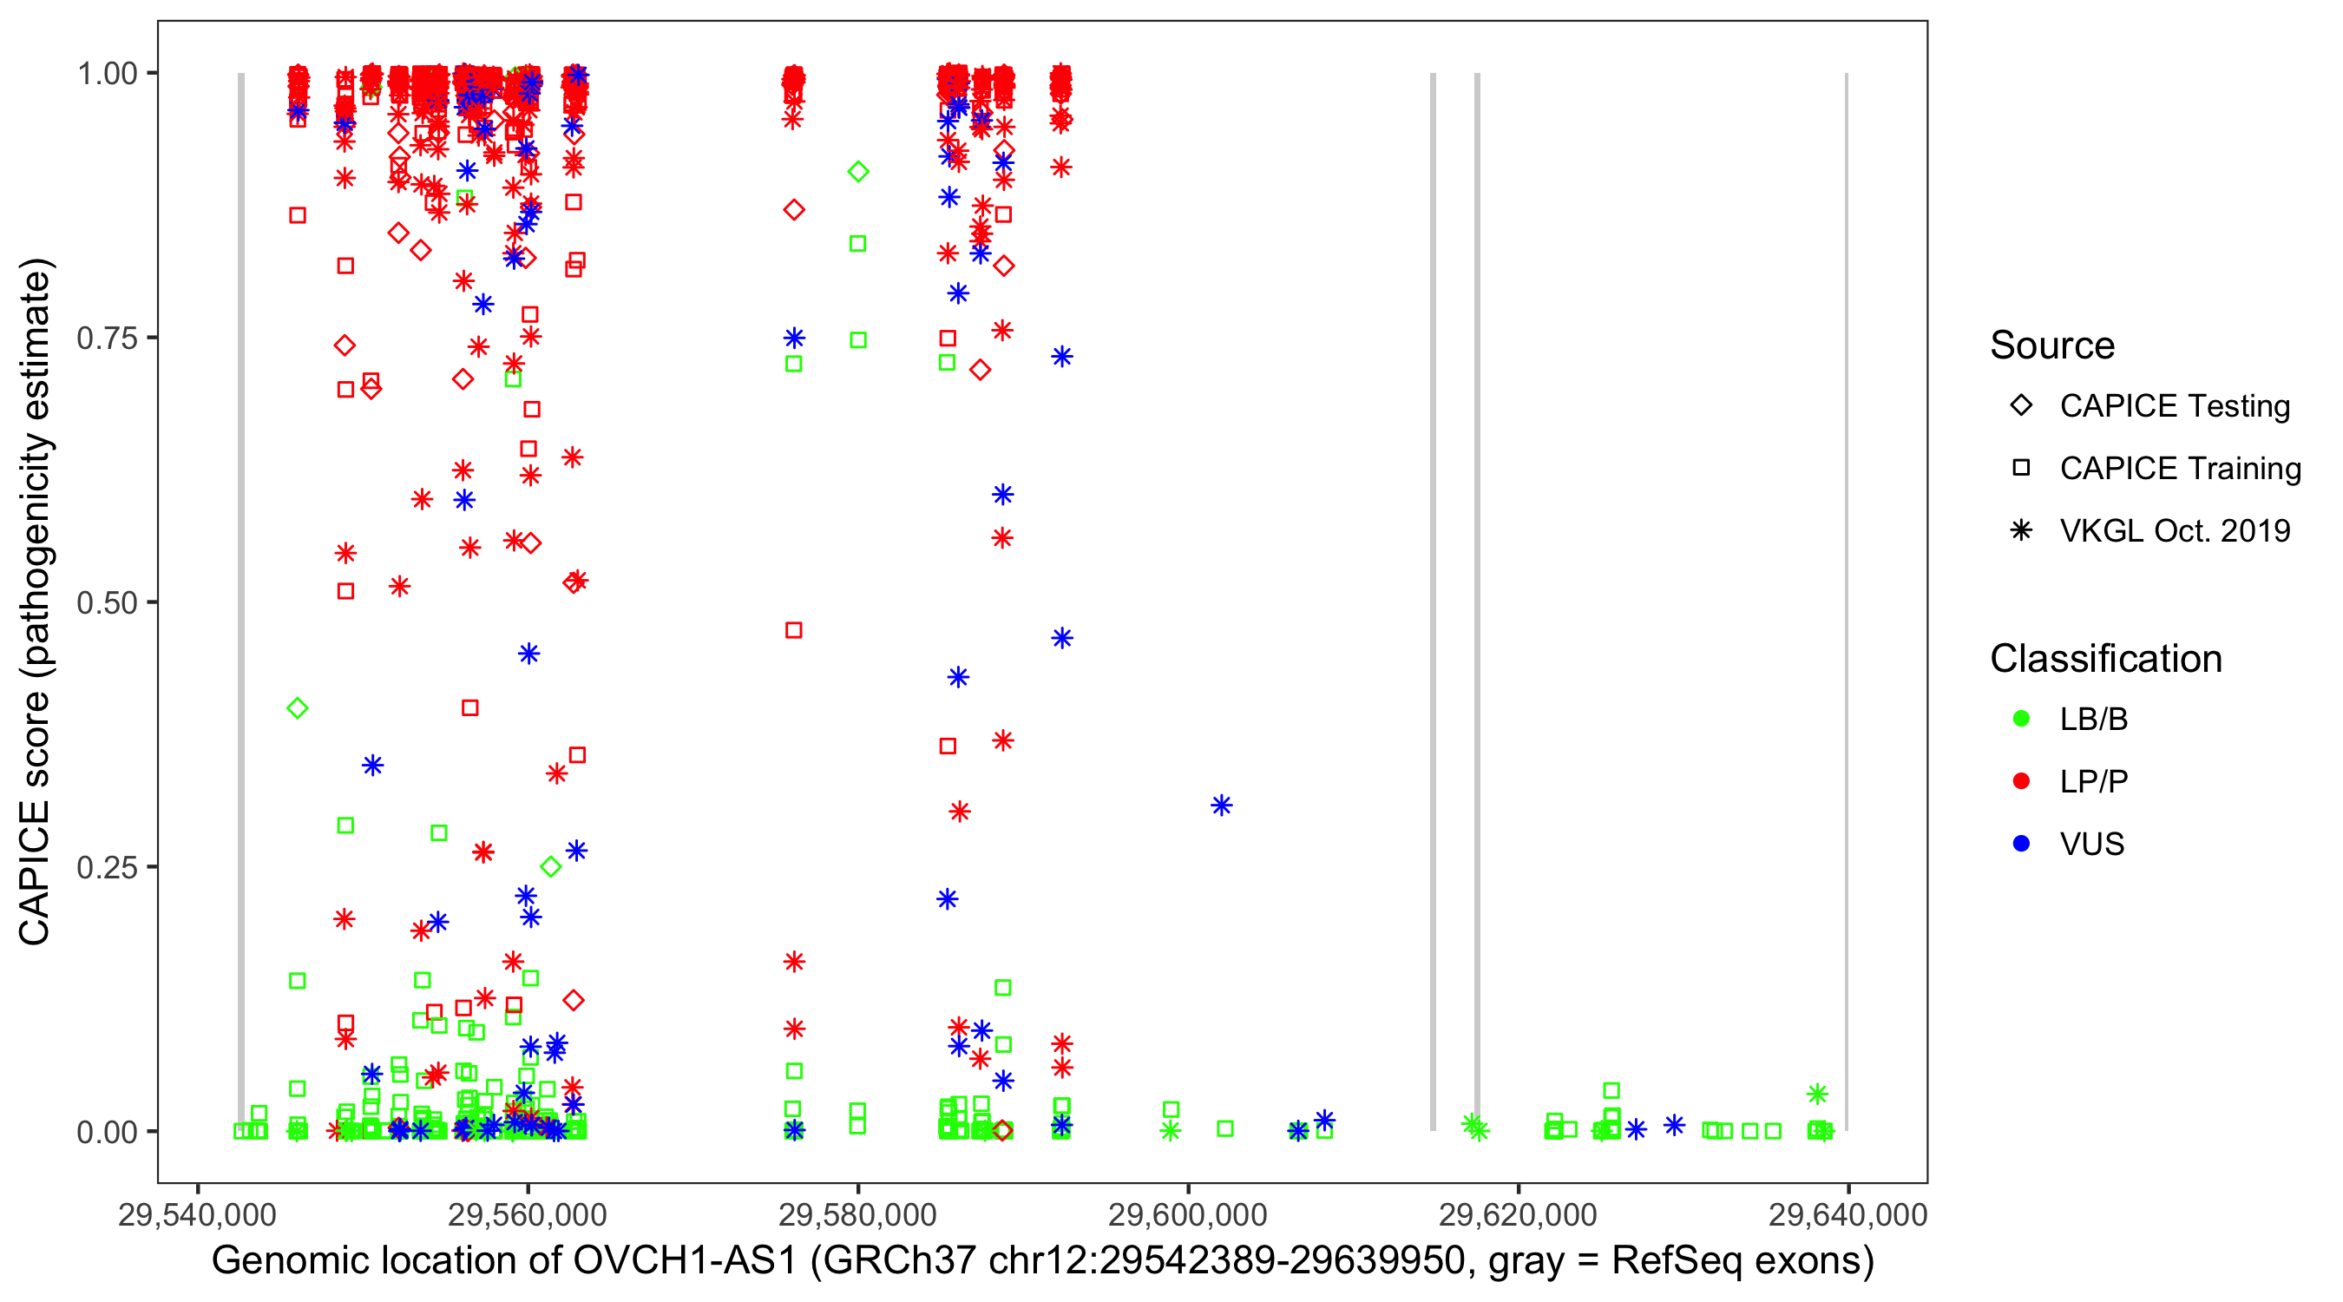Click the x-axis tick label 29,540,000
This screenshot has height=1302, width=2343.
[x=196, y=1215]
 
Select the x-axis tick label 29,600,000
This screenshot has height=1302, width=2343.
[x=1187, y=1215]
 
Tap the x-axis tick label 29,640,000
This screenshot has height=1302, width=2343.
[x=1847, y=1215]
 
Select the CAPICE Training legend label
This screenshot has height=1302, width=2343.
[x=2179, y=469]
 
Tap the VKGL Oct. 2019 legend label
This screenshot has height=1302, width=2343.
[x=2174, y=530]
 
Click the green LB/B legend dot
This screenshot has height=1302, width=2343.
[x=2021, y=719]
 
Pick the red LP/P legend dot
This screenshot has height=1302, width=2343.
[x=2021, y=781]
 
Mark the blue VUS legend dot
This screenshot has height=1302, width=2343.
[x=2021, y=844]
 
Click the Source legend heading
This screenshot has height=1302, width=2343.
[x=2051, y=345]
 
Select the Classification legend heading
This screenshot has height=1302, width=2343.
[x=2104, y=659]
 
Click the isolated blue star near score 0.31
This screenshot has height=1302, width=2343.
[x=1222, y=806]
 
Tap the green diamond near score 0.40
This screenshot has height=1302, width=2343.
[x=298, y=708]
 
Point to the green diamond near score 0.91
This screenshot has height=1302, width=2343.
[x=857, y=171]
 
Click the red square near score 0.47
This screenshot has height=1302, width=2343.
[x=793, y=629]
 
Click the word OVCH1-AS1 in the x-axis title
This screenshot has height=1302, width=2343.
[x=684, y=1261]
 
